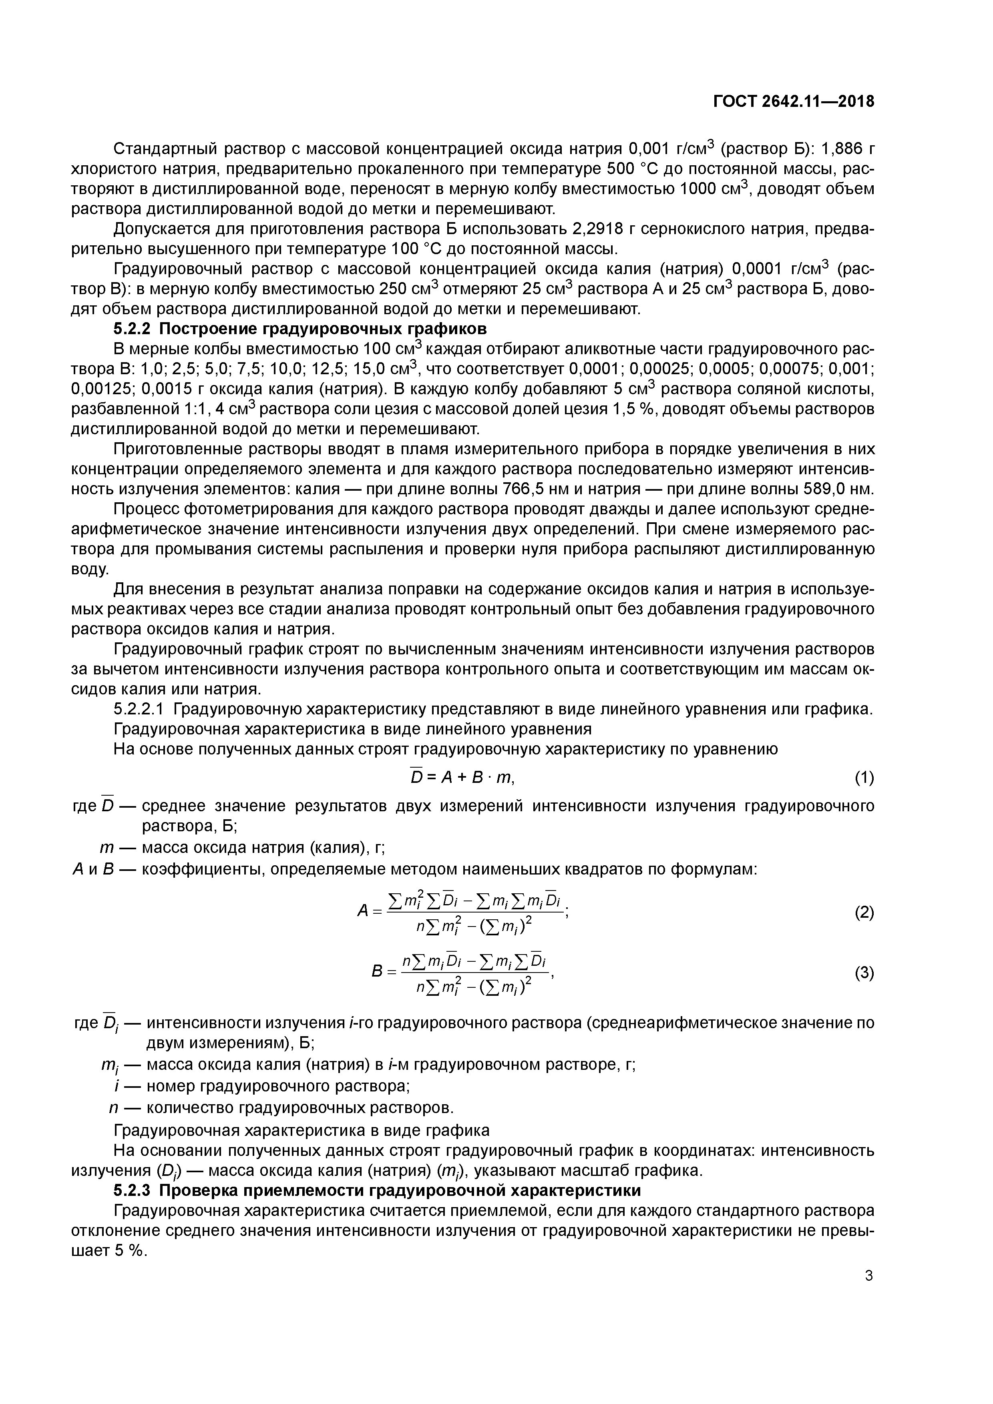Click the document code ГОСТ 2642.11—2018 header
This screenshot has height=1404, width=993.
pyautogui.click(x=794, y=102)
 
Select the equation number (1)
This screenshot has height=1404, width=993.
pyautogui.click(x=864, y=778)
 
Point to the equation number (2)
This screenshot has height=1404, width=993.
pyautogui.click(x=864, y=913)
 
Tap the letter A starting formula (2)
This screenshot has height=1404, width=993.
pyautogui.click(x=362, y=911)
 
